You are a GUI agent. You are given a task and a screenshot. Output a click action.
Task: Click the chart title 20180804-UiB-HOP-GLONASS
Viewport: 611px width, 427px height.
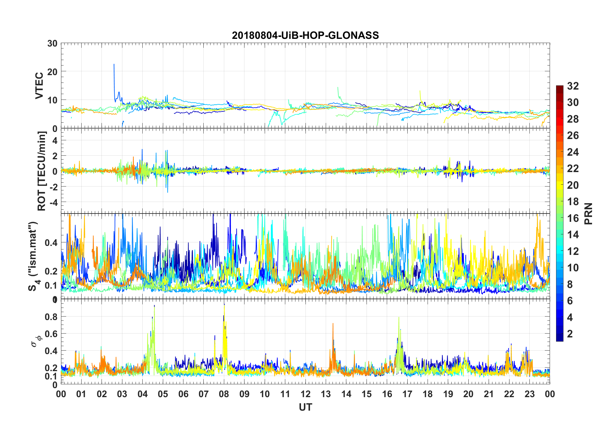[x=305, y=35]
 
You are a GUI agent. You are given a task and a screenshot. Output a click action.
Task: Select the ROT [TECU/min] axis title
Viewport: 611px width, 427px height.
[x=42, y=171]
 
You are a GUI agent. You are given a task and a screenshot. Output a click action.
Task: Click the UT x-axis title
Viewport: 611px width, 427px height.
[x=305, y=407]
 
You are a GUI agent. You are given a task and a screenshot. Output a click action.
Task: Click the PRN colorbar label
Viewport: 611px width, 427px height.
[x=588, y=213]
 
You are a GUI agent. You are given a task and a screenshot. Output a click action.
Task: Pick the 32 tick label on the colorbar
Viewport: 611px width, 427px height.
[x=573, y=86]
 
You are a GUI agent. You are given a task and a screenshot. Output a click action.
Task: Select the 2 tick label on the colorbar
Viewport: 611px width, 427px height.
[x=570, y=334]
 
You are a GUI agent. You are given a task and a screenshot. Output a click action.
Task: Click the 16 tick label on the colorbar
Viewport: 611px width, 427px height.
[x=573, y=218]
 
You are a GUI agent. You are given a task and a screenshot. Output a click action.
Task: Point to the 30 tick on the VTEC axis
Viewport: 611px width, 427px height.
[x=52, y=43]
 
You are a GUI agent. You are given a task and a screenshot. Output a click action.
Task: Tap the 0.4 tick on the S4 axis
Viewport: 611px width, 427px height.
[x=51, y=242]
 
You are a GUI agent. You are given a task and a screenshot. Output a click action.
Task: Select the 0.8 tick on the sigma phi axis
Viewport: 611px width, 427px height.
[x=51, y=317]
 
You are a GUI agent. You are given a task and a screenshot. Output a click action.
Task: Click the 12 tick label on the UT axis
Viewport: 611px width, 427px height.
[x=305, y=394]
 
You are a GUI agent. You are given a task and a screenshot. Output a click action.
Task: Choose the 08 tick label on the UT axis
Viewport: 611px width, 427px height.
[x=224, y=394]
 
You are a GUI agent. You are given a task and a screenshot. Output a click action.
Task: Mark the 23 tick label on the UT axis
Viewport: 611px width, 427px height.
[x=529, y=394]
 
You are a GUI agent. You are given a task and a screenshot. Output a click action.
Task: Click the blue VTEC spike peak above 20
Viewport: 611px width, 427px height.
[x=114, y=65]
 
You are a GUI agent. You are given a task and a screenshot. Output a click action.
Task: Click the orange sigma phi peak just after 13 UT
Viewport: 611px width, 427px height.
[x=333, y=324]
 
